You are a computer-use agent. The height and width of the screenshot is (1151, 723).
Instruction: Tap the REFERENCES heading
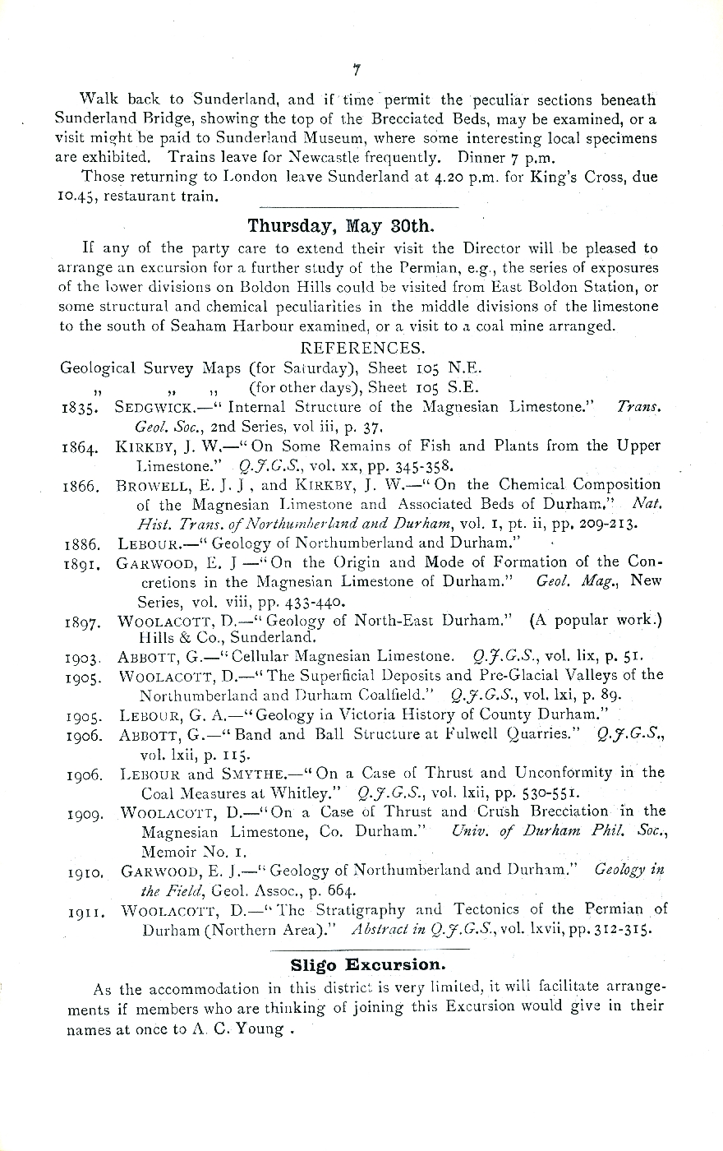click(x=363, y=347)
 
